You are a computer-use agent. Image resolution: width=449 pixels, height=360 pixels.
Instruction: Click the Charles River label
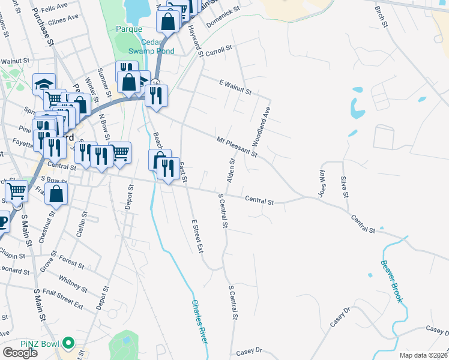click(x=200, y=322)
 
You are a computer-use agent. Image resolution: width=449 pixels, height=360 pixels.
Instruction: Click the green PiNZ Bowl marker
click(x=68, y=344)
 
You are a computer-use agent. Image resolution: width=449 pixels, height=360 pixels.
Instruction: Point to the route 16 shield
click(x=155, y=82)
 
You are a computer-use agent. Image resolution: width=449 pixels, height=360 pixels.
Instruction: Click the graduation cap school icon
click(x=44, y=83)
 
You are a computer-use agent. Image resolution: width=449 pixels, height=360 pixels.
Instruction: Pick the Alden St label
click(x=230, y=170)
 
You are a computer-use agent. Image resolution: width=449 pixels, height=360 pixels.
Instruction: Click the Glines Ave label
click(x=64, y=18)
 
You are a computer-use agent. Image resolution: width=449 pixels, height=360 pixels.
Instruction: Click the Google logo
click(x=20, y=352)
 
